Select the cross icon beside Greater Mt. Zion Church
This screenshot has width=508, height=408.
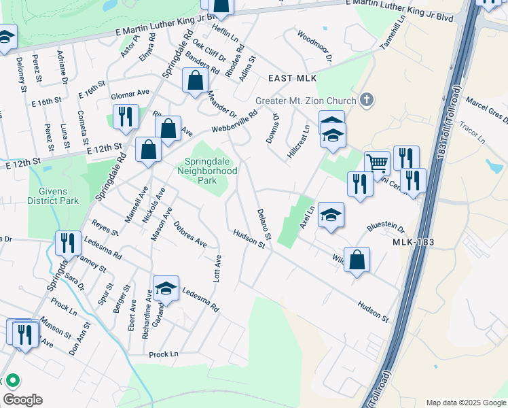tap(367, 101)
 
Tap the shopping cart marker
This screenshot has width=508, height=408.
tap(377, 163)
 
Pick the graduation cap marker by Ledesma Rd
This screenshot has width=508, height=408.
tap(166, 288)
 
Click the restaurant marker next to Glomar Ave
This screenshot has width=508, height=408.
tap(125, 116)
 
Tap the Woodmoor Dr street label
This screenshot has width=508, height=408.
tap(314, 46)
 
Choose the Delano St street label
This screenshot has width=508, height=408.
tap(264, 224)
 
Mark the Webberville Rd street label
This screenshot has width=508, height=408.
tap(234, 122)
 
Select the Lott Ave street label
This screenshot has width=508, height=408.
tap(217, 269)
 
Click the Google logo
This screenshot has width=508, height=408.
tap(23, 400)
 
